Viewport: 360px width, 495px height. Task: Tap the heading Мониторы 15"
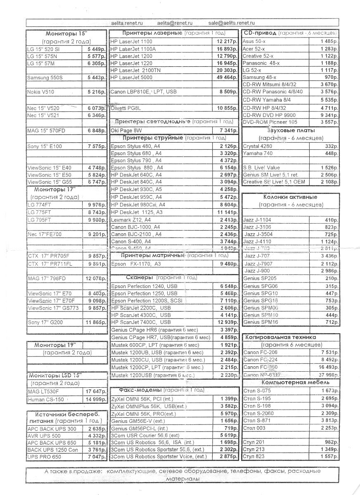(66, 34)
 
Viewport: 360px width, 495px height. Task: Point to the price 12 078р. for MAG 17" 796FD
(96, 278)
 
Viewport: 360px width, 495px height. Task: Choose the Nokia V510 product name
(40, 92)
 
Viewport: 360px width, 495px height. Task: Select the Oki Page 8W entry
(126, 130)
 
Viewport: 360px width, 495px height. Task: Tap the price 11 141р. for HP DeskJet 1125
(226, 212)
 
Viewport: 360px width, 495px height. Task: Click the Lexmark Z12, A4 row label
(131, 220)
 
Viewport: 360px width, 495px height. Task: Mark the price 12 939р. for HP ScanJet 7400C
(226, 322)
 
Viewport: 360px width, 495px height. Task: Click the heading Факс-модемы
(140, 390)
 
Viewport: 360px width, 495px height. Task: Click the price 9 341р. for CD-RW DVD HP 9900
(329, 115)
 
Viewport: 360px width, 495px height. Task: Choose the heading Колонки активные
(291, 197)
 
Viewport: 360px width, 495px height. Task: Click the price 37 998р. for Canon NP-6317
(327, 375)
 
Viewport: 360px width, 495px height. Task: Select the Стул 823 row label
(254, 457)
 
